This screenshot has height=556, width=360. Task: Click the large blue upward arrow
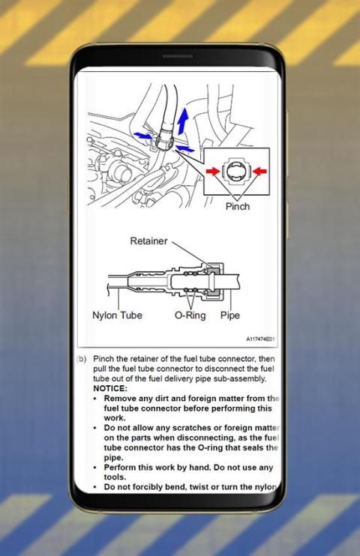tap(183, 121)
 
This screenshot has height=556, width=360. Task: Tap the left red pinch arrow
tap(213, 172)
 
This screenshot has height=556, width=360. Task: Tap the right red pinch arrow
tap(260, 172)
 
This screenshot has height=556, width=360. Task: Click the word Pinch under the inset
tap(238, 206)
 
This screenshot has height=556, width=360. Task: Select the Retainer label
tap(148, 241)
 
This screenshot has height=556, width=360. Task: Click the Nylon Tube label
tap(117, 315)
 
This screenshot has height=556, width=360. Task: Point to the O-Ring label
tap(190, 315)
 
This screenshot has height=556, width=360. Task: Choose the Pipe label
tap(230, 315)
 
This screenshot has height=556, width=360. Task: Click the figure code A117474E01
tap(260, 339)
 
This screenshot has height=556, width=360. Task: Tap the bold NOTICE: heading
tap(110, 388)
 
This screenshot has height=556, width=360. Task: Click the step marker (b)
tap(82, 359)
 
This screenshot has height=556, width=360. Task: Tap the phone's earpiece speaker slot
tap(178, 56)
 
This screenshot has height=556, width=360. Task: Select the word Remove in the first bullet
tap(118, 398)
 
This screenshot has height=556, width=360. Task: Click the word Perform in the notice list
tap(118, 468)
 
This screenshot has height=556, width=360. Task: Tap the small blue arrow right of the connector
tap(185, 148)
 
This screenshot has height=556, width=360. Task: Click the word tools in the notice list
tap(113, 477)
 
